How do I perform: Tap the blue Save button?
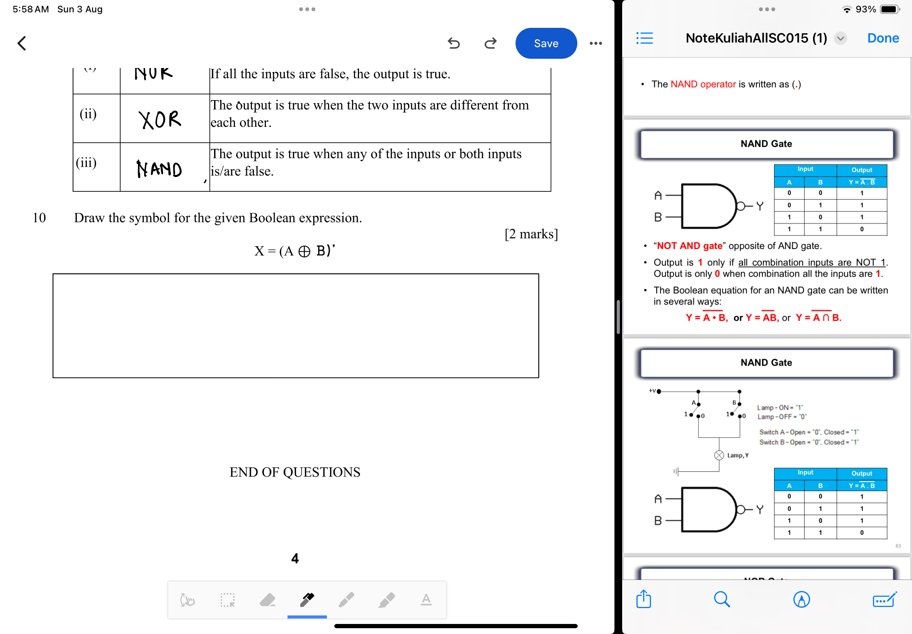click(x=546, y=43)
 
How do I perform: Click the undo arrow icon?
click(x=453, y=43)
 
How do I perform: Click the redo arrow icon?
click(x=491, y=43)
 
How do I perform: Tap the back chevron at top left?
click(x=22, y=43)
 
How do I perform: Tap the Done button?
click(x=883, y=38)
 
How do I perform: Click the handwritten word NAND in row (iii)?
click(x=159, y=169)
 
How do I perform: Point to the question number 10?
click(x=39, y=218)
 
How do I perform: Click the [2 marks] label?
click(x=531, y=234)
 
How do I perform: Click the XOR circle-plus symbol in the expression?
click(x=304, y=251)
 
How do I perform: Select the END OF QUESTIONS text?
click(x=294, y=472)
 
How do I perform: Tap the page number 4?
click(x=294, y=559)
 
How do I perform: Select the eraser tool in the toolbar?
click(x=267, y=600)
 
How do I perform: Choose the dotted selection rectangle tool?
click(x=228, y=600)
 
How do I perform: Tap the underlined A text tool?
click(x=426, y=600)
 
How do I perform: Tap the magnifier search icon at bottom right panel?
click(x=721, y=600)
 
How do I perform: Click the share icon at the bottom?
click(x=643, y=600)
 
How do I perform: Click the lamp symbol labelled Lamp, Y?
click(x=719, y=455)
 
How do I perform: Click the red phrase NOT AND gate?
click(x=689, y=246)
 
